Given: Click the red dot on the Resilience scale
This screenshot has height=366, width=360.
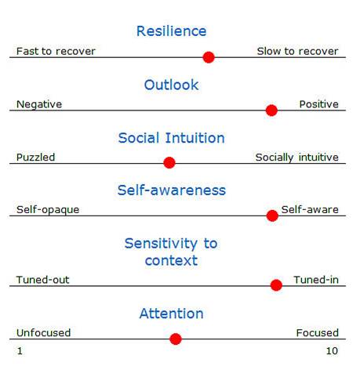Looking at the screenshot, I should pos(209,56).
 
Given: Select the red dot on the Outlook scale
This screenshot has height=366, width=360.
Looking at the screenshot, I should pos(271,110).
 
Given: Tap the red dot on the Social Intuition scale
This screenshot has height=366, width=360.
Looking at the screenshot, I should pos(169,163).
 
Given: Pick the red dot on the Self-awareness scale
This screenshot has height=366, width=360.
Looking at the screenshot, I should pos(272,216).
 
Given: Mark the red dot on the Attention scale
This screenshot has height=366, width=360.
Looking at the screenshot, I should pos(176,339).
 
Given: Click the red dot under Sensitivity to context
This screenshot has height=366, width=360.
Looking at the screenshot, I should pos(276,285).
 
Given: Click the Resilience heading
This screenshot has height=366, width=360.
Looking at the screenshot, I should pos(171,31).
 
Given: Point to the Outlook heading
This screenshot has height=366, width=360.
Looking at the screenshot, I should pos(171,85).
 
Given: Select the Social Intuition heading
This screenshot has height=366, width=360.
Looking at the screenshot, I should pos(171,138).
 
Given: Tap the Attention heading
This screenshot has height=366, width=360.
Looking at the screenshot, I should pos(171,313).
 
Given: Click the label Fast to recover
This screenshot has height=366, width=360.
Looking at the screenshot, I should pos(56,52).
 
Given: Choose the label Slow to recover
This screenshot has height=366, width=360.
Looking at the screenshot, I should pos(297,52).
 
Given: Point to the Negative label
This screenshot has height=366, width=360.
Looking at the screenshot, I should pos(39,104).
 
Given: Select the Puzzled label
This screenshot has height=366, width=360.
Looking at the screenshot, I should pos(36,158).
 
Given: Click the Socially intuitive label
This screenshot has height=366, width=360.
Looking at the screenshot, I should pos(296,158).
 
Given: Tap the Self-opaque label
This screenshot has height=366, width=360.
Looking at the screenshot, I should pos(48,210).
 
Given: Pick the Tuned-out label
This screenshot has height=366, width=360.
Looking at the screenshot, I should pos(42,280).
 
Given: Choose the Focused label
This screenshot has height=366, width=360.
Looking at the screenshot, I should pos(317,333).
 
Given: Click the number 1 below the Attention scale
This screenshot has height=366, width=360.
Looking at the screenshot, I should pos(20,351).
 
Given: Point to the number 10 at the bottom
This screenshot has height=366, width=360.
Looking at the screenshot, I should pos(332,351).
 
